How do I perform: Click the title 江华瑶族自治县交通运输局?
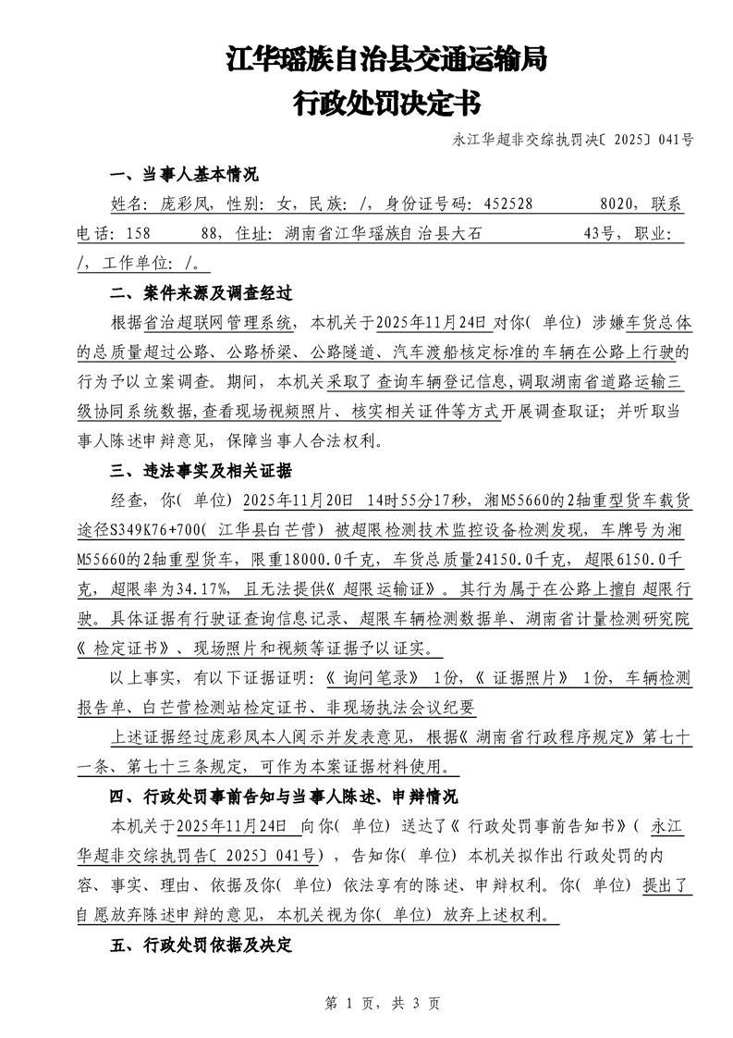pos(386,61)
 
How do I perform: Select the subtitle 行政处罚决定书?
pos(386,103)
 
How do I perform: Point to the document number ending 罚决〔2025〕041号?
pos(573,141)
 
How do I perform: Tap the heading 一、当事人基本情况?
pos(184,176)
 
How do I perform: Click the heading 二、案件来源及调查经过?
pos(201,294)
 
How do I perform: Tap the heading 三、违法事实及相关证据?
pos(201,471)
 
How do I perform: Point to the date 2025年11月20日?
pos(297,500)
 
